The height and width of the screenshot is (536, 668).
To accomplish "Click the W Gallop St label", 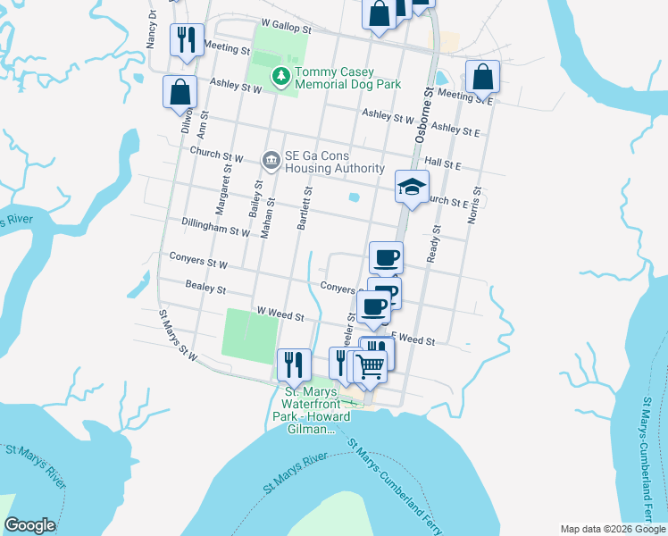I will click(285, 29).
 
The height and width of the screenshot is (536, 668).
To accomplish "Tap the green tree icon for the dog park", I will click(281, 77).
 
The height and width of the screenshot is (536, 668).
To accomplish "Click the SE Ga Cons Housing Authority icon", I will click(270, 161).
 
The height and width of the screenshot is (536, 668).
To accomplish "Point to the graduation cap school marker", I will click(412, 187).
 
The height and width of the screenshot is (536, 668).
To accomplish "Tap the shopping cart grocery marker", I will click(370, 364).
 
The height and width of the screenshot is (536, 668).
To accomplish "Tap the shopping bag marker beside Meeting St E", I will click(482, 79).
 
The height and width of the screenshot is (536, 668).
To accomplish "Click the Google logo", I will click(29, 525).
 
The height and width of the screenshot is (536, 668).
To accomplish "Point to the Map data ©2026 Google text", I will click(612, 528).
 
